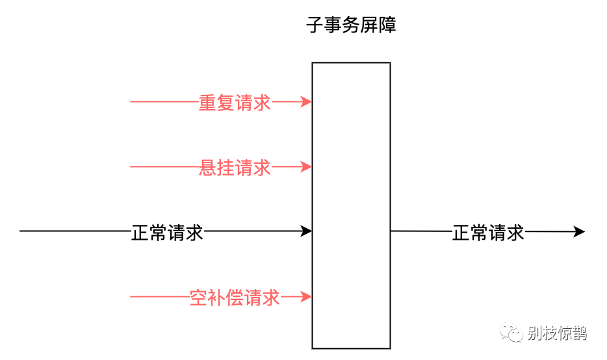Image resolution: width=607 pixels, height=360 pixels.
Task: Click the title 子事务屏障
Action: pyautogui.click(x=351, y=26)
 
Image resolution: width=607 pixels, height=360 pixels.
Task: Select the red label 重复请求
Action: pyautogui.click(x=235, y=103)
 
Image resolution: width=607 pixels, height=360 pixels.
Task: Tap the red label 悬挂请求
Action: pyautogui.click(x=235, y=168)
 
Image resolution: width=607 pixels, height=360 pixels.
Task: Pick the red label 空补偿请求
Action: pyautogui.click(x=235, y=298)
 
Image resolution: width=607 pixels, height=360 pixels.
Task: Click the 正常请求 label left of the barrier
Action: pyautogui.click(x=168, y=232)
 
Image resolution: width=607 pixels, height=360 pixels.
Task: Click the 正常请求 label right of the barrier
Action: pyautogui.click(x=488, y=232)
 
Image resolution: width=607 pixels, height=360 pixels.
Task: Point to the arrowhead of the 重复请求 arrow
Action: pyautogui.click(x=307, y=101)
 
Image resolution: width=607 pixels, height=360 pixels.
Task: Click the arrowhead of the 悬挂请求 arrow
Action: pyautogui.click(x=307, y=166)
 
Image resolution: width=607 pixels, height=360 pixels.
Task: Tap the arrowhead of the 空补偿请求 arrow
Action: pyautogui.click(x=307, y=296)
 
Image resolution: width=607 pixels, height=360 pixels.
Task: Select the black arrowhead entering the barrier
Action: pyautogui.click(x=307, y=231)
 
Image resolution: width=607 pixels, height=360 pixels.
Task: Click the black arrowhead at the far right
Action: pyautogui.click(x=580, y=231)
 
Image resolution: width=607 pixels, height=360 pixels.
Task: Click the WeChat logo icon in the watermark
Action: pyautogui.click(x=511, y=333)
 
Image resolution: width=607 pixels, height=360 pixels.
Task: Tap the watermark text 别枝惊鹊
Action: pyautogui.click(x=557, y=333)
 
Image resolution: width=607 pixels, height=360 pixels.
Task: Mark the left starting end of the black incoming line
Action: pyautogui.click(x=21, y=231)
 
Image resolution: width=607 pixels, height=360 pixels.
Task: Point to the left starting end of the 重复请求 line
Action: pyautogui.click(x=131, y=101)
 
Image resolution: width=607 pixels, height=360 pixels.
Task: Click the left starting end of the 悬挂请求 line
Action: pyautogui.click(x=131, y=166)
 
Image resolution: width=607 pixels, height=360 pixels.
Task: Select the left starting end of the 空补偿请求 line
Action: pyautogui.click(x=131, y=296)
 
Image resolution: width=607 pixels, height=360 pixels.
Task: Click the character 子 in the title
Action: pyautogui.click(x=315, y=26)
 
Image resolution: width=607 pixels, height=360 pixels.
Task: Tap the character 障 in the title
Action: pyautogui.click(x=387, y=26)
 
